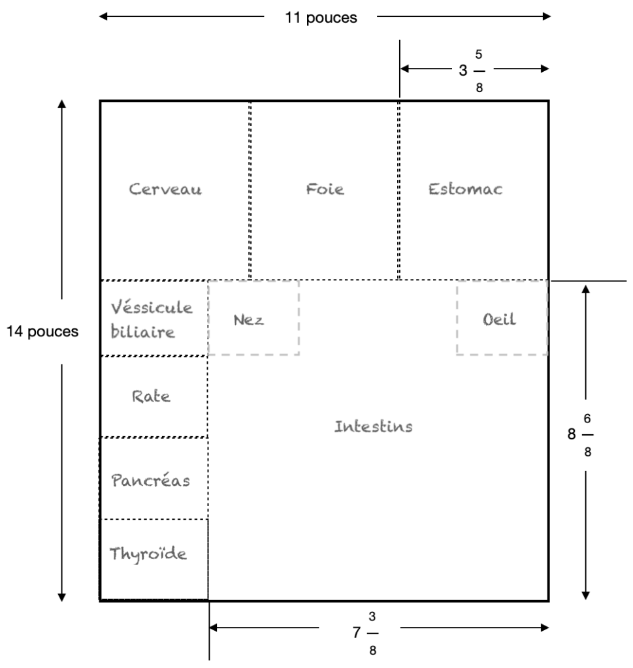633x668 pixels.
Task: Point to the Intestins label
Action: point(374,427)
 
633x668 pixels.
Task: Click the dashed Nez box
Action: point(253,318)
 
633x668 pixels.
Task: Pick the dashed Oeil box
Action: point(502,318)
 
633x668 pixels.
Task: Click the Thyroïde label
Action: point(148,555)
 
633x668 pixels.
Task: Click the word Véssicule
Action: point(152,308)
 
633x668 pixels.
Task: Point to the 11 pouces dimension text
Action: point(321,18)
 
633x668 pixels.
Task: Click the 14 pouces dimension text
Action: point(42,331)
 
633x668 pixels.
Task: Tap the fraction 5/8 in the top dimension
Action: point(479,69)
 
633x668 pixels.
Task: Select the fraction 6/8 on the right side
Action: point(588,434)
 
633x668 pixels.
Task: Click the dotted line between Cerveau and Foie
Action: point(250,189)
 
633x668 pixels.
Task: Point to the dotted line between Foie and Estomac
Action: point(398,189)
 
